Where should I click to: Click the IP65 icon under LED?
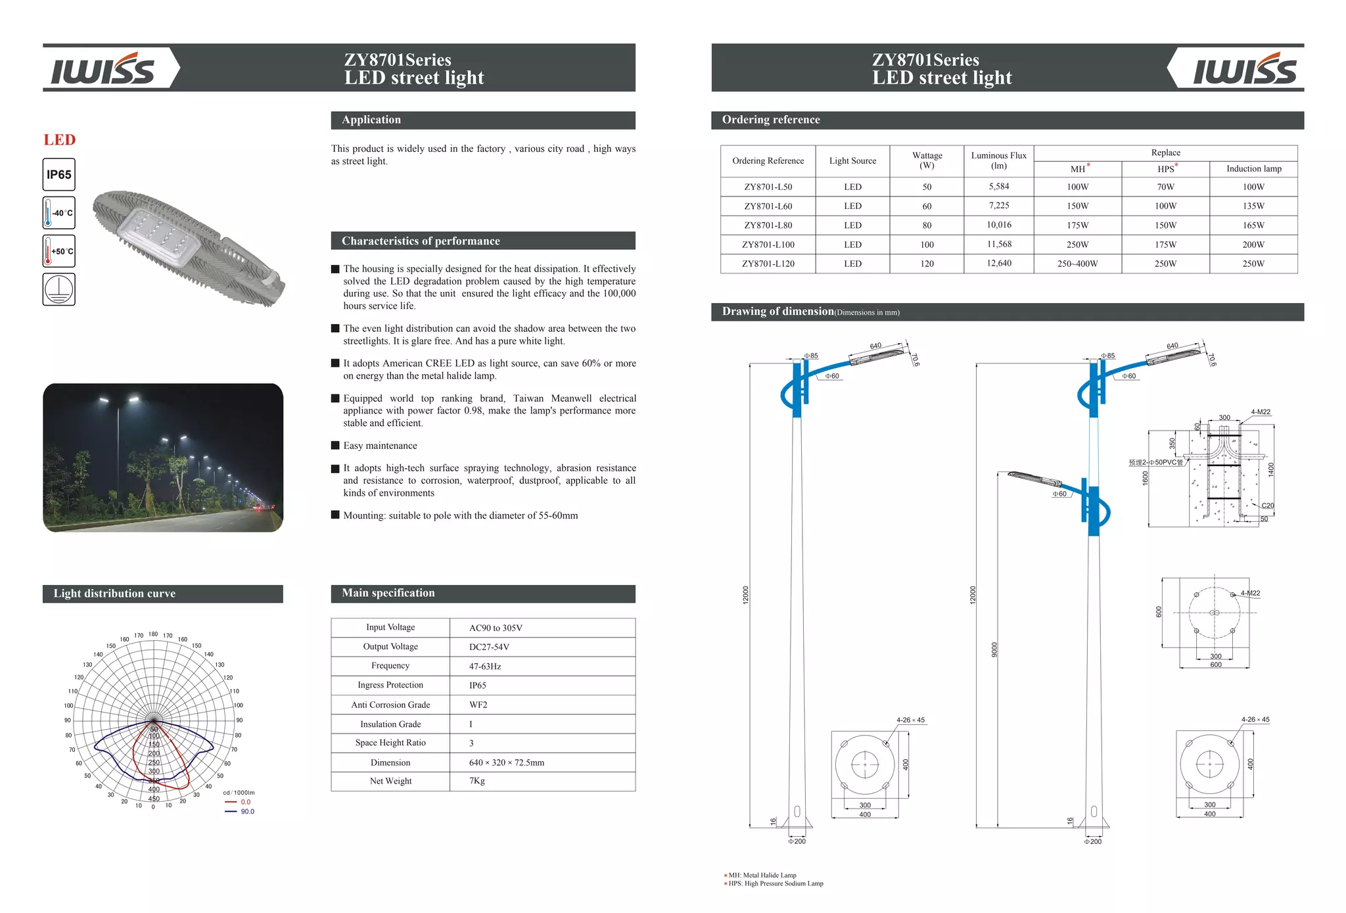[x=58, y=175]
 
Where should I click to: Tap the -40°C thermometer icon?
[x=58, y=213]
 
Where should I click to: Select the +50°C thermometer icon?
[x=58, y=251]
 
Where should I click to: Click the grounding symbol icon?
[x=58, y=289]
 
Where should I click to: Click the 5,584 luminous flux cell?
[x=998, y=187]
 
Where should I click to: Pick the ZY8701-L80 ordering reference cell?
[x=768, y=225]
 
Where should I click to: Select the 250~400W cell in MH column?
[x=1077, y=264]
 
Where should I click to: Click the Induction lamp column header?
[x=1253, y=169]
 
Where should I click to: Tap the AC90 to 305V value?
[x=496, y=628]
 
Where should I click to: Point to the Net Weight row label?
[x=390, y=781]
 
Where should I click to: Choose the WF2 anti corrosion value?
[x=478, y=705]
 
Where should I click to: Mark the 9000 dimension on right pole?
[x=994, y=649]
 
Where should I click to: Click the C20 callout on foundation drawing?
[x=1267, y=505]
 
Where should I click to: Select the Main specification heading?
[x=388, y=593]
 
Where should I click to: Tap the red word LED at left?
[x=60, y=140]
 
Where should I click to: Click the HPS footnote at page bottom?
[x=775, y=883]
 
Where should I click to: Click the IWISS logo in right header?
[x=1243, y=70]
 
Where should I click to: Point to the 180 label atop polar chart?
[x=152, y=634]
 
